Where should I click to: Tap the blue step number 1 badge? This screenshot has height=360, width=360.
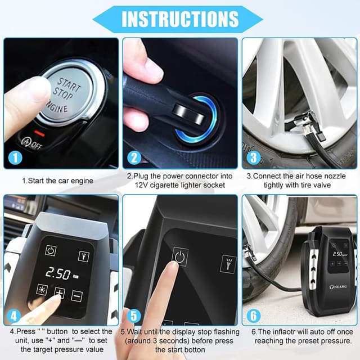point(14,158)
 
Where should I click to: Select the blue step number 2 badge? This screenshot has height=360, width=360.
point(134,158)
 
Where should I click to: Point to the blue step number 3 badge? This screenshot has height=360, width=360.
point(253,158)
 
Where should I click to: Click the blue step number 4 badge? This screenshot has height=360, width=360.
point(14,316)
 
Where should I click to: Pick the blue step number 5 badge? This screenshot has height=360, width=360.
point(134,316)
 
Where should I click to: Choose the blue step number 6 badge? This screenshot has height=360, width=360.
point(253,316)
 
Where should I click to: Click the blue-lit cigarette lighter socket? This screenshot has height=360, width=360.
point(202,116)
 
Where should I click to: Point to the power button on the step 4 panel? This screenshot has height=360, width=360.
point(51,251)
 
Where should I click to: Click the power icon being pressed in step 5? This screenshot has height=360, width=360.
point(180,257)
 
